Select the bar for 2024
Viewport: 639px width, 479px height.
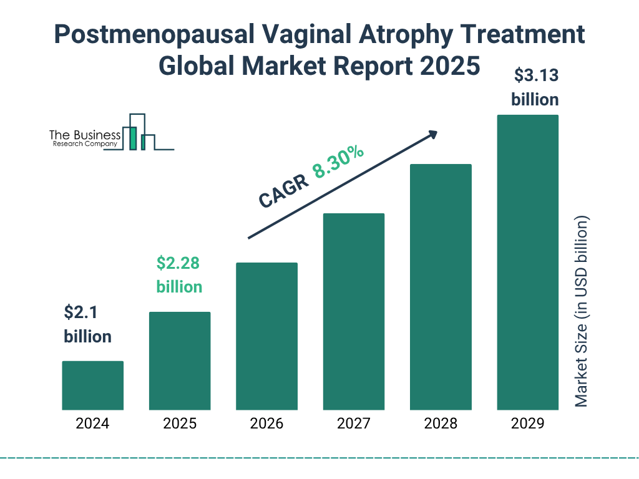(x=92, y=385)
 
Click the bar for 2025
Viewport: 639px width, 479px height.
(x=180, y=360)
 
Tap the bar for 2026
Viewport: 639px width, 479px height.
(x=266, y=336)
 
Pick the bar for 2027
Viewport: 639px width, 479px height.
(x=353, y=311)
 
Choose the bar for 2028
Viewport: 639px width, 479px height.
(x=441, y=287)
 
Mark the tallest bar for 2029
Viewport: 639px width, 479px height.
(x=527, y=262)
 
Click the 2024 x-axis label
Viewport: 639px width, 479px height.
(x=92, y=424)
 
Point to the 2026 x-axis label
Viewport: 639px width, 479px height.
(x=266, y=424)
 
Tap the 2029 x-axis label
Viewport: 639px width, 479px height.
(x=527, y=424)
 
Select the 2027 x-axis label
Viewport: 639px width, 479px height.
(x=353, y=424)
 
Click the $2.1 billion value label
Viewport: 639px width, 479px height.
(x=87, y=324)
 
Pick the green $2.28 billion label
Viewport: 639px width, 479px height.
(x=178, y=274)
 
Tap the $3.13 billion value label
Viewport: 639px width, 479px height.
(x=535, y=87)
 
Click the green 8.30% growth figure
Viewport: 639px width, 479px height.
(x=339, y=162)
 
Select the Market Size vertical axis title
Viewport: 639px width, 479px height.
(x=582, y=312)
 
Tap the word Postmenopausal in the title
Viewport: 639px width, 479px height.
(x=149, y=36)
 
